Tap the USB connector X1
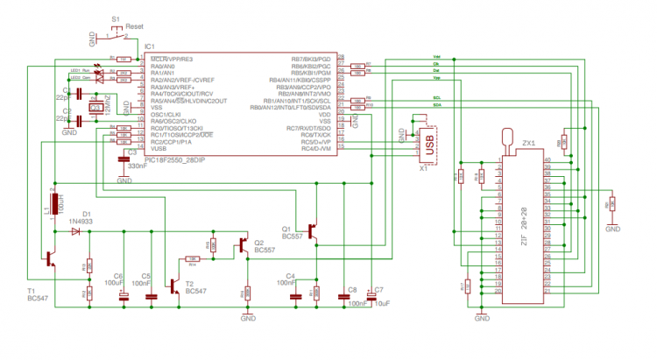click(428, 144)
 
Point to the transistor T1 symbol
click(51, 258)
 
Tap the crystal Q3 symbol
click(96, 108)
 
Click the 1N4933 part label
click(80, 222)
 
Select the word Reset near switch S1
click(134, 27)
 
